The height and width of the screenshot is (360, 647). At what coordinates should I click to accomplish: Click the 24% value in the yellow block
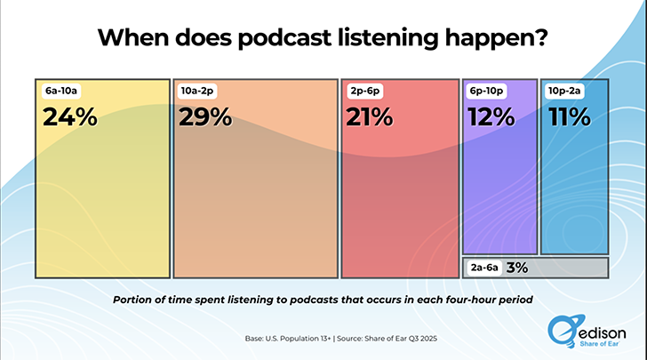[x=69, y=117]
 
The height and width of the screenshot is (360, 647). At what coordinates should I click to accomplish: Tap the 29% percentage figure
[x=205, y=117]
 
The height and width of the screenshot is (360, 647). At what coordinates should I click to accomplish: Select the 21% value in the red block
[x=370, y=117]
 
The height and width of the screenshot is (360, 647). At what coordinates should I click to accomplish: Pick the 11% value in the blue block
[x=569, y=117]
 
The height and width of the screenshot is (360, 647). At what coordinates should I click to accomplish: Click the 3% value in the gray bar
[x=516, y=267]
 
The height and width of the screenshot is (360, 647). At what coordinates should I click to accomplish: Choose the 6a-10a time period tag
[x=60, y=91]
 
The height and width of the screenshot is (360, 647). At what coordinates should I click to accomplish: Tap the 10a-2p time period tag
[x=197, y=91]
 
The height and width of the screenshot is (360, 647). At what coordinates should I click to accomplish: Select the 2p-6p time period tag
[x=364, y=91]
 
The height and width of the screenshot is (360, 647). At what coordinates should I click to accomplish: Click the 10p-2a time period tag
[x=565, y=91]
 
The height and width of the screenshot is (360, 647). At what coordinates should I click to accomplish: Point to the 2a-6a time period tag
[x=483, y=267]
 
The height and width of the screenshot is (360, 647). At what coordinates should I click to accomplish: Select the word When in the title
[x=132, y=38]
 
